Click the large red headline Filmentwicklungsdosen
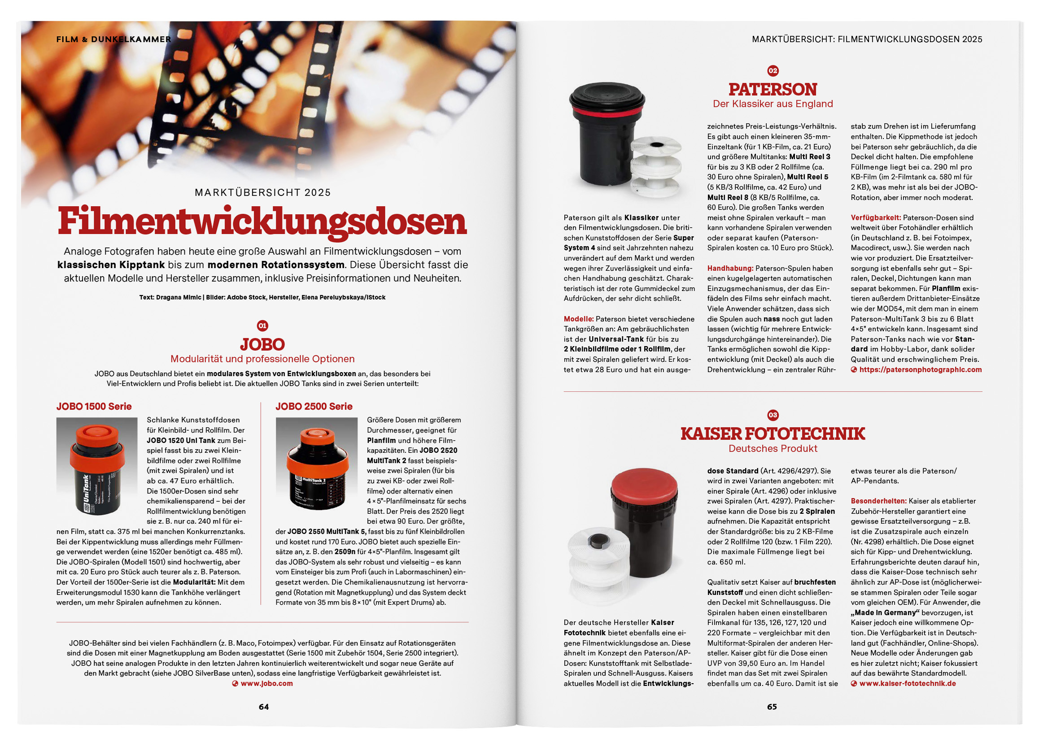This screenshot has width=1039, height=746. tap(262, 221)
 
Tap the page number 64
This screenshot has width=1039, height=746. tap(263, 707)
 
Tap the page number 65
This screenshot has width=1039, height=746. tap(772, 707)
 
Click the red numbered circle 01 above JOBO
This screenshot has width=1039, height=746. tap(262, 326)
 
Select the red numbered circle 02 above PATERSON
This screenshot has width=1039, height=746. tap(773, 70)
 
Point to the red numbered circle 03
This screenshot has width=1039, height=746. tap(773, 415)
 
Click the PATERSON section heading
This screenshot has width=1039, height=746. tap(773, 89)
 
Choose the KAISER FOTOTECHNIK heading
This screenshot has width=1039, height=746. tap(773, 434)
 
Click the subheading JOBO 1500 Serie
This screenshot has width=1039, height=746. tap(94, 407)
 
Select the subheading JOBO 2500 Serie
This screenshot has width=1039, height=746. tap(314, 407)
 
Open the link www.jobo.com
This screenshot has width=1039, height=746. tap(266, 683)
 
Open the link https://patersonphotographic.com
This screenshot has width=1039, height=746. tap(920, 369)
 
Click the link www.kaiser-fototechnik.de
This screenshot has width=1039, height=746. tap(907, 683)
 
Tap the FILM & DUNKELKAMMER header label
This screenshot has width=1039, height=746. tap(114, 39)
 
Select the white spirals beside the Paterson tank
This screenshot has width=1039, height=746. tap(656, 167)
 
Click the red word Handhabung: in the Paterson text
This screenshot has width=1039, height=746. tap(730, 268)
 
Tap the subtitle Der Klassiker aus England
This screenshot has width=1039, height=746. tap(773, 104)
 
